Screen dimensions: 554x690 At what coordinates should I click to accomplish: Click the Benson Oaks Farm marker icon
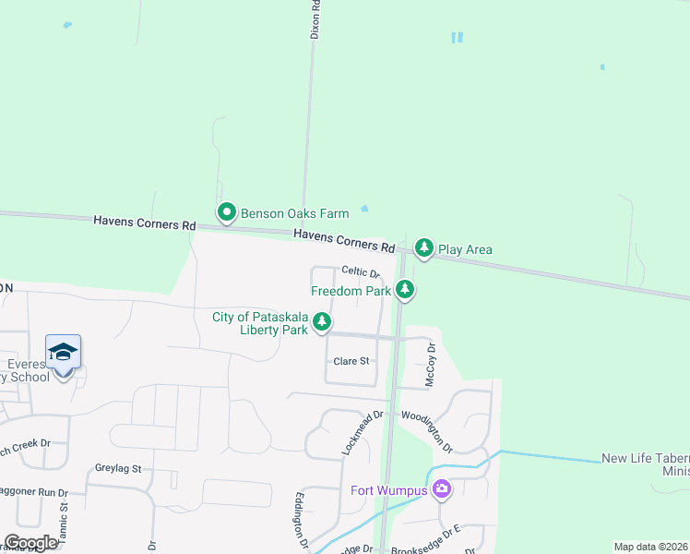(227, 213)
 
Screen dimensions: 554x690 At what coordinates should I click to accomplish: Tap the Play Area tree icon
(423, 247)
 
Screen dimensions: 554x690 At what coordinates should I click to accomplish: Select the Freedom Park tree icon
(404, 290)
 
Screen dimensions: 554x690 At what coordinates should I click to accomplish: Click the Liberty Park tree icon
(322, 322)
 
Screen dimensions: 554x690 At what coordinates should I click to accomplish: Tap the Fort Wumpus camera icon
(442, 488)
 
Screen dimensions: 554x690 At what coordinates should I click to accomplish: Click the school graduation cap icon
(63, 352)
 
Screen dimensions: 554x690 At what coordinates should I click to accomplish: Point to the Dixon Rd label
(315, 18)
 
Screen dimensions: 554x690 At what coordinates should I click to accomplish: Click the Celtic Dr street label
(361, 272)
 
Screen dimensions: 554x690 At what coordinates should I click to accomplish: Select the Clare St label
(351, 361)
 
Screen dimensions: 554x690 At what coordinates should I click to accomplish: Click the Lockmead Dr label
(362, 432)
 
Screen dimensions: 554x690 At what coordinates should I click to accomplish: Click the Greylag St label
(118, 468)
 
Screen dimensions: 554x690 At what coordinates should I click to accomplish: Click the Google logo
(30, 543)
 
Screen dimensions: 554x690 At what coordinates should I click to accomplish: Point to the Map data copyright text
(649, 547)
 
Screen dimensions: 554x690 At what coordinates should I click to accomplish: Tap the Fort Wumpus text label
(388, 489)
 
